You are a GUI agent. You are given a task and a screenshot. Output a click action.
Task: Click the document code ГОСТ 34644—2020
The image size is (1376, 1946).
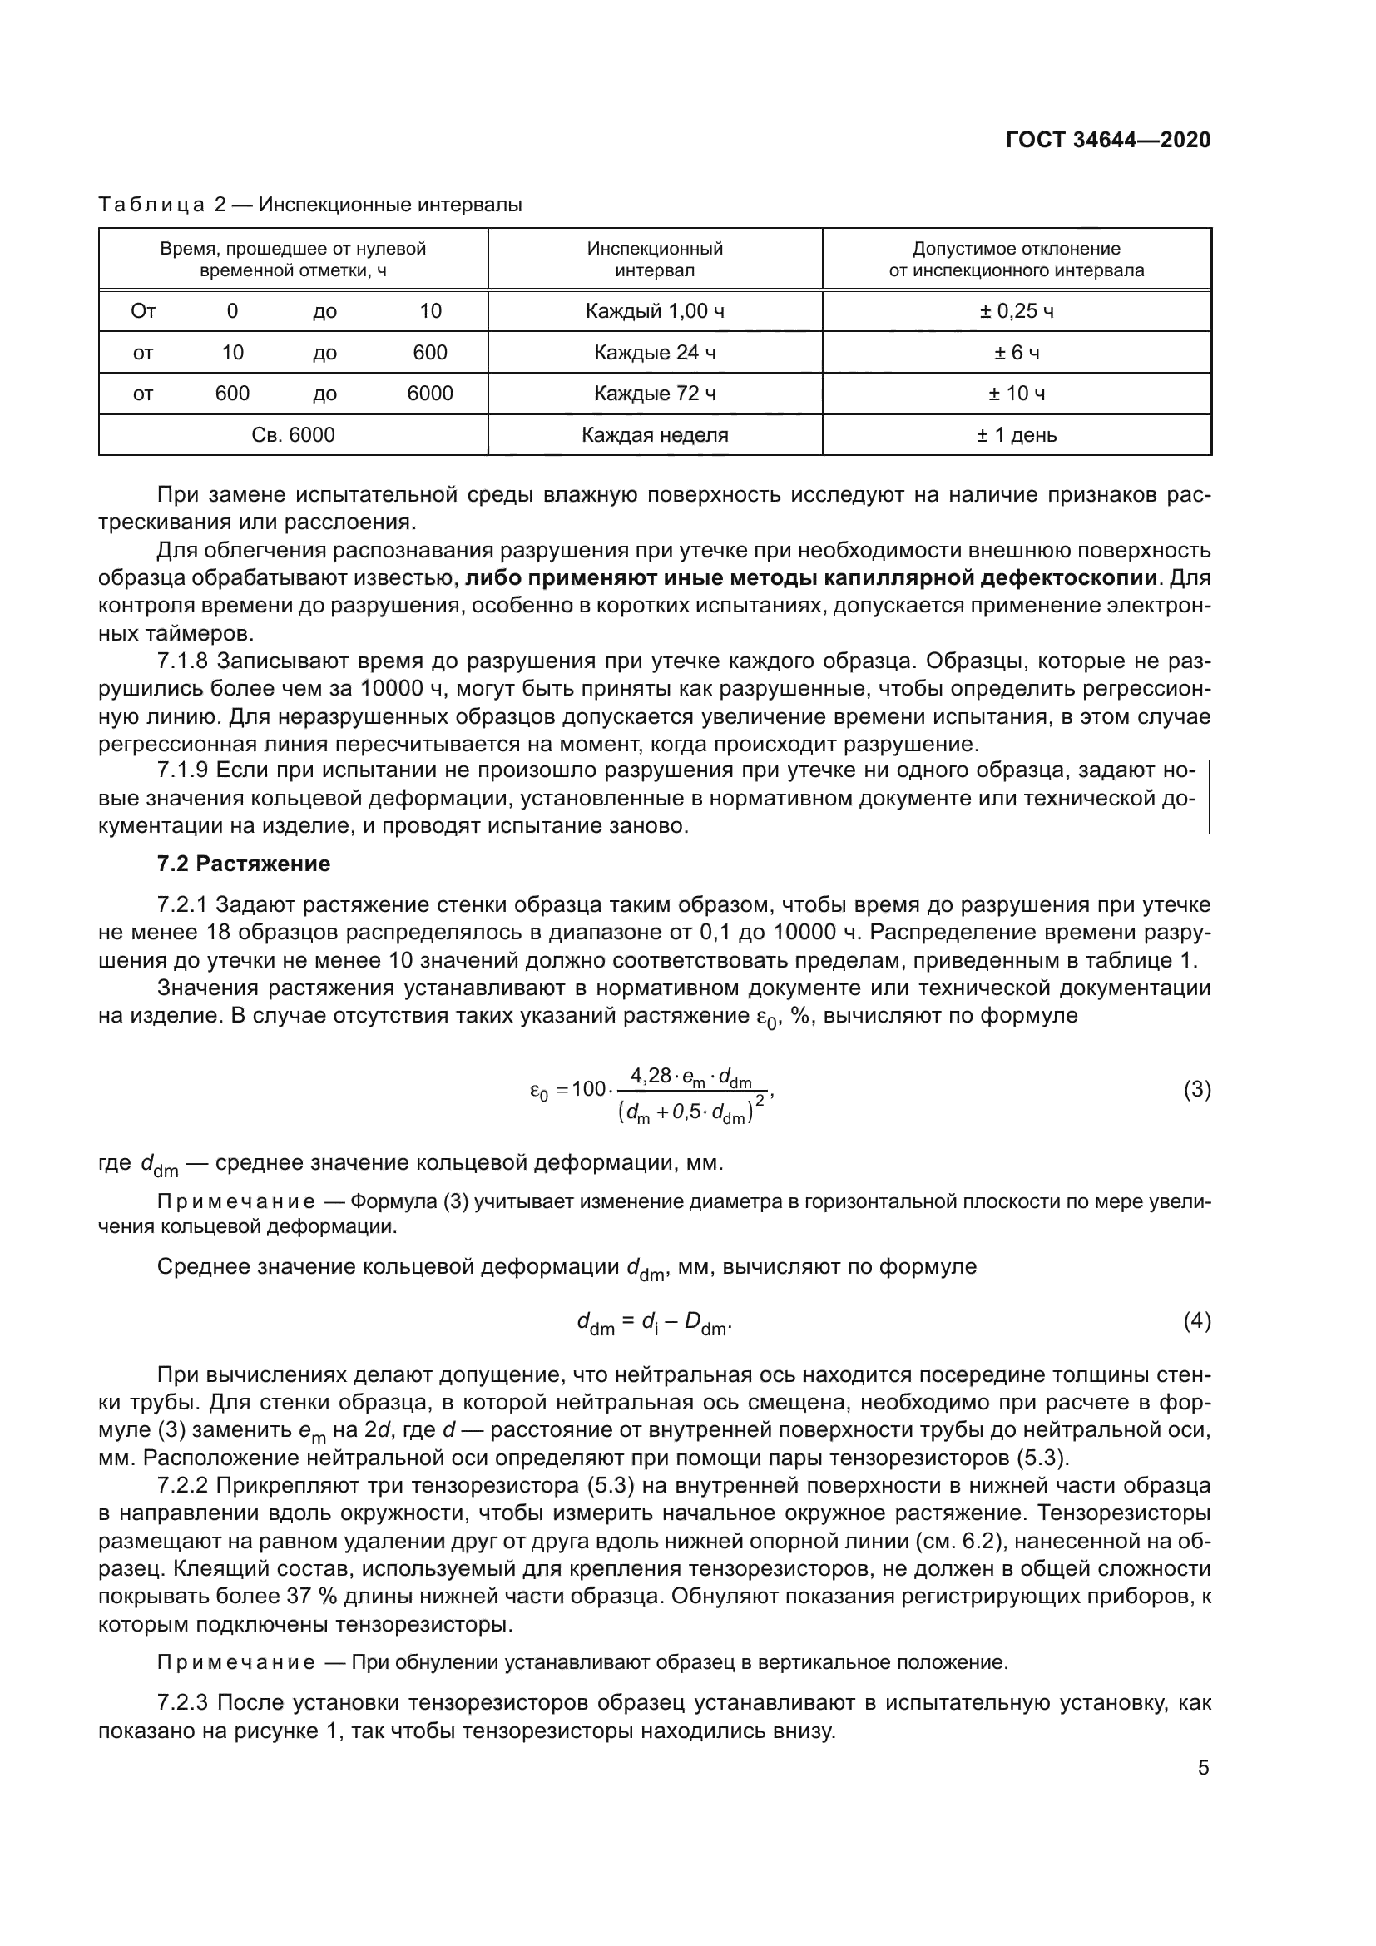coord(1107,140)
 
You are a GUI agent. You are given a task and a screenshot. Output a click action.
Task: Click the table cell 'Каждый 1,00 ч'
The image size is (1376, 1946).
coord(654,311)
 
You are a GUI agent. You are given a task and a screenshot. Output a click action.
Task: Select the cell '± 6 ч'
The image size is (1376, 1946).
coord(1016,353)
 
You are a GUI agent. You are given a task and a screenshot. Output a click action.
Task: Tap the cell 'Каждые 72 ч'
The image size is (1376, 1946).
coord(654,394)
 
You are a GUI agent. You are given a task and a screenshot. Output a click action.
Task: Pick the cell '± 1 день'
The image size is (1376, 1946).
coord(1016,435)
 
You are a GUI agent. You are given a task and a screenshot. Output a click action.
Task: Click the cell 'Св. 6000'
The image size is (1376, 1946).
coord(293,435)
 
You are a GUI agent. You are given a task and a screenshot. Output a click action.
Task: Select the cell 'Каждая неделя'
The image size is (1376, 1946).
coord(654,435)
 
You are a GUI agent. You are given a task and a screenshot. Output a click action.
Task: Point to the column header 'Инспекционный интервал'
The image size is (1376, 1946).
coord(654,260)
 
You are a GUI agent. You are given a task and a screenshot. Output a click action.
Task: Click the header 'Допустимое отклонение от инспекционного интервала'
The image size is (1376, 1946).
coord(1016,260)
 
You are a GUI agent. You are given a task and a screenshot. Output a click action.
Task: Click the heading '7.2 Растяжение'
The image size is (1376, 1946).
coord(244,864)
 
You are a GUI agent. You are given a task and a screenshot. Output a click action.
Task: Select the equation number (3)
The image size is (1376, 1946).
coord(1196,1090)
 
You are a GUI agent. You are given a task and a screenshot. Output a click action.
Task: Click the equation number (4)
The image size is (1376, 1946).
coord(1196,1320)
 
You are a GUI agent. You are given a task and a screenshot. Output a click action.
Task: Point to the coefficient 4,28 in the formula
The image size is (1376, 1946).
coord(650,1077)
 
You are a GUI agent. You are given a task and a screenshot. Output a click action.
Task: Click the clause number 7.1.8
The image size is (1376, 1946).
coord(182,661)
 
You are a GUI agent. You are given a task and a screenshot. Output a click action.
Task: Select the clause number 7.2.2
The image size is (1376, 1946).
coord(182,1485)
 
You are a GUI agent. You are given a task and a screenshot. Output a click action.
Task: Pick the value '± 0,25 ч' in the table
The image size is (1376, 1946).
coord(1016,311)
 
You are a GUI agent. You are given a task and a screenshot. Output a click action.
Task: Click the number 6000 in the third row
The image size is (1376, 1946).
coord(429,394)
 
